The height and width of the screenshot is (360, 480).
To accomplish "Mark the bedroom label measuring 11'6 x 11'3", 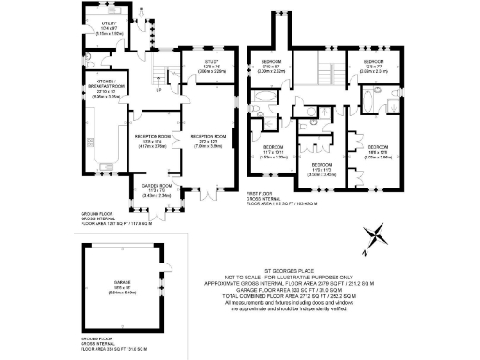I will [322, 171].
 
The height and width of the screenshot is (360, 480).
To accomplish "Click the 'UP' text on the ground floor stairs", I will [156, 90].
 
